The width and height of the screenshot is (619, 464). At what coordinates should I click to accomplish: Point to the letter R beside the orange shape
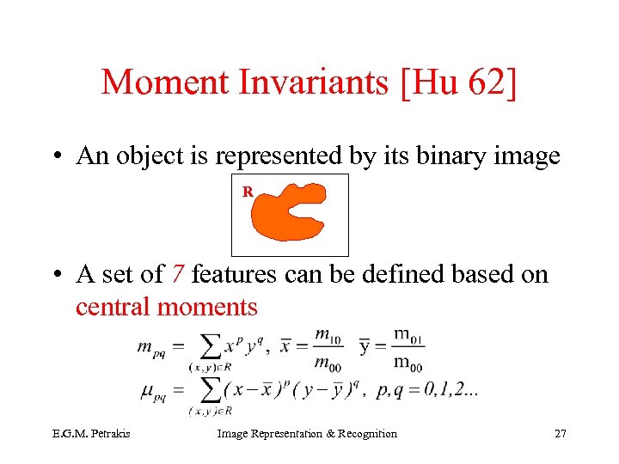pos(248,192)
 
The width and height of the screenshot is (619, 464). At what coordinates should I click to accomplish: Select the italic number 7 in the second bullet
pos(176,275)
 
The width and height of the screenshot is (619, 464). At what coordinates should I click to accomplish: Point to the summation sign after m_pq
pos(207,346)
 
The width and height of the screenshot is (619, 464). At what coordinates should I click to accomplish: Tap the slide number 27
pos(560,434)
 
